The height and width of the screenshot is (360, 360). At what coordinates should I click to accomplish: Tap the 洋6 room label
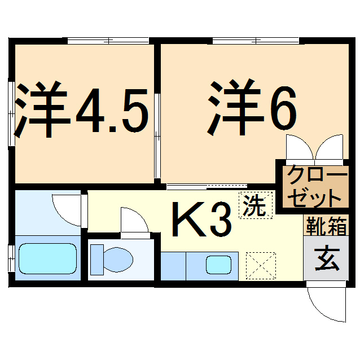[x=252, y=107]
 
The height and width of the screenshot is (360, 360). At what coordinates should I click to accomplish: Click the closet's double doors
[x=314, y=148]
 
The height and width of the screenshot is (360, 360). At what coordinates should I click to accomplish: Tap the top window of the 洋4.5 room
[x=108, y=41]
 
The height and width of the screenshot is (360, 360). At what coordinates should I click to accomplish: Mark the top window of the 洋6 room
[x=255, y=41]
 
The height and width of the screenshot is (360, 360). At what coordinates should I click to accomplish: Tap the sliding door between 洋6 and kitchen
[x=207, y=186]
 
